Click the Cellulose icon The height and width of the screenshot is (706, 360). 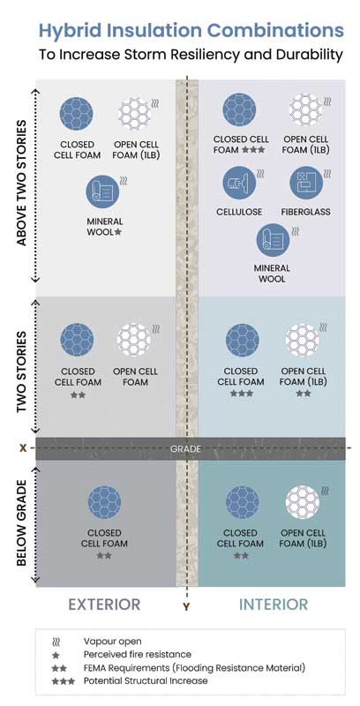coord(239,183)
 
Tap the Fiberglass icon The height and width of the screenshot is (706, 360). coord(306,183)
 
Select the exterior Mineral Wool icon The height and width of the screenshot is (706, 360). coord(102,192)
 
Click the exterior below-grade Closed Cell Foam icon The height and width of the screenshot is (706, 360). coord(104,503)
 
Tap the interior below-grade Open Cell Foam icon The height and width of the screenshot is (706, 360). coord(303,503)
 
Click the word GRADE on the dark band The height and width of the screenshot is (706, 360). coord(185,449)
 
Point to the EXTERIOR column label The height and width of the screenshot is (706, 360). coord(104,605)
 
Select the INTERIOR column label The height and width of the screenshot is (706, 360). coord(274,605)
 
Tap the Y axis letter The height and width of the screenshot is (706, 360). coord(186,607)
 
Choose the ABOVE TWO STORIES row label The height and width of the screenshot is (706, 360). coord(21,184)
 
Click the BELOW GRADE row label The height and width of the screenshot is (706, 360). coord(21,522)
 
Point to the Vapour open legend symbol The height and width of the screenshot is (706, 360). coord(56,642)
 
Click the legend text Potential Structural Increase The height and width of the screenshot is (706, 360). coord(146,680)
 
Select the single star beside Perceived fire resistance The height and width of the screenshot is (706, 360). coord(56,655)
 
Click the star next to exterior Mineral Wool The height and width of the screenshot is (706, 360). coord(118,232)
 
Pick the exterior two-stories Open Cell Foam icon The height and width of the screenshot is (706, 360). coord(133,340)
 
